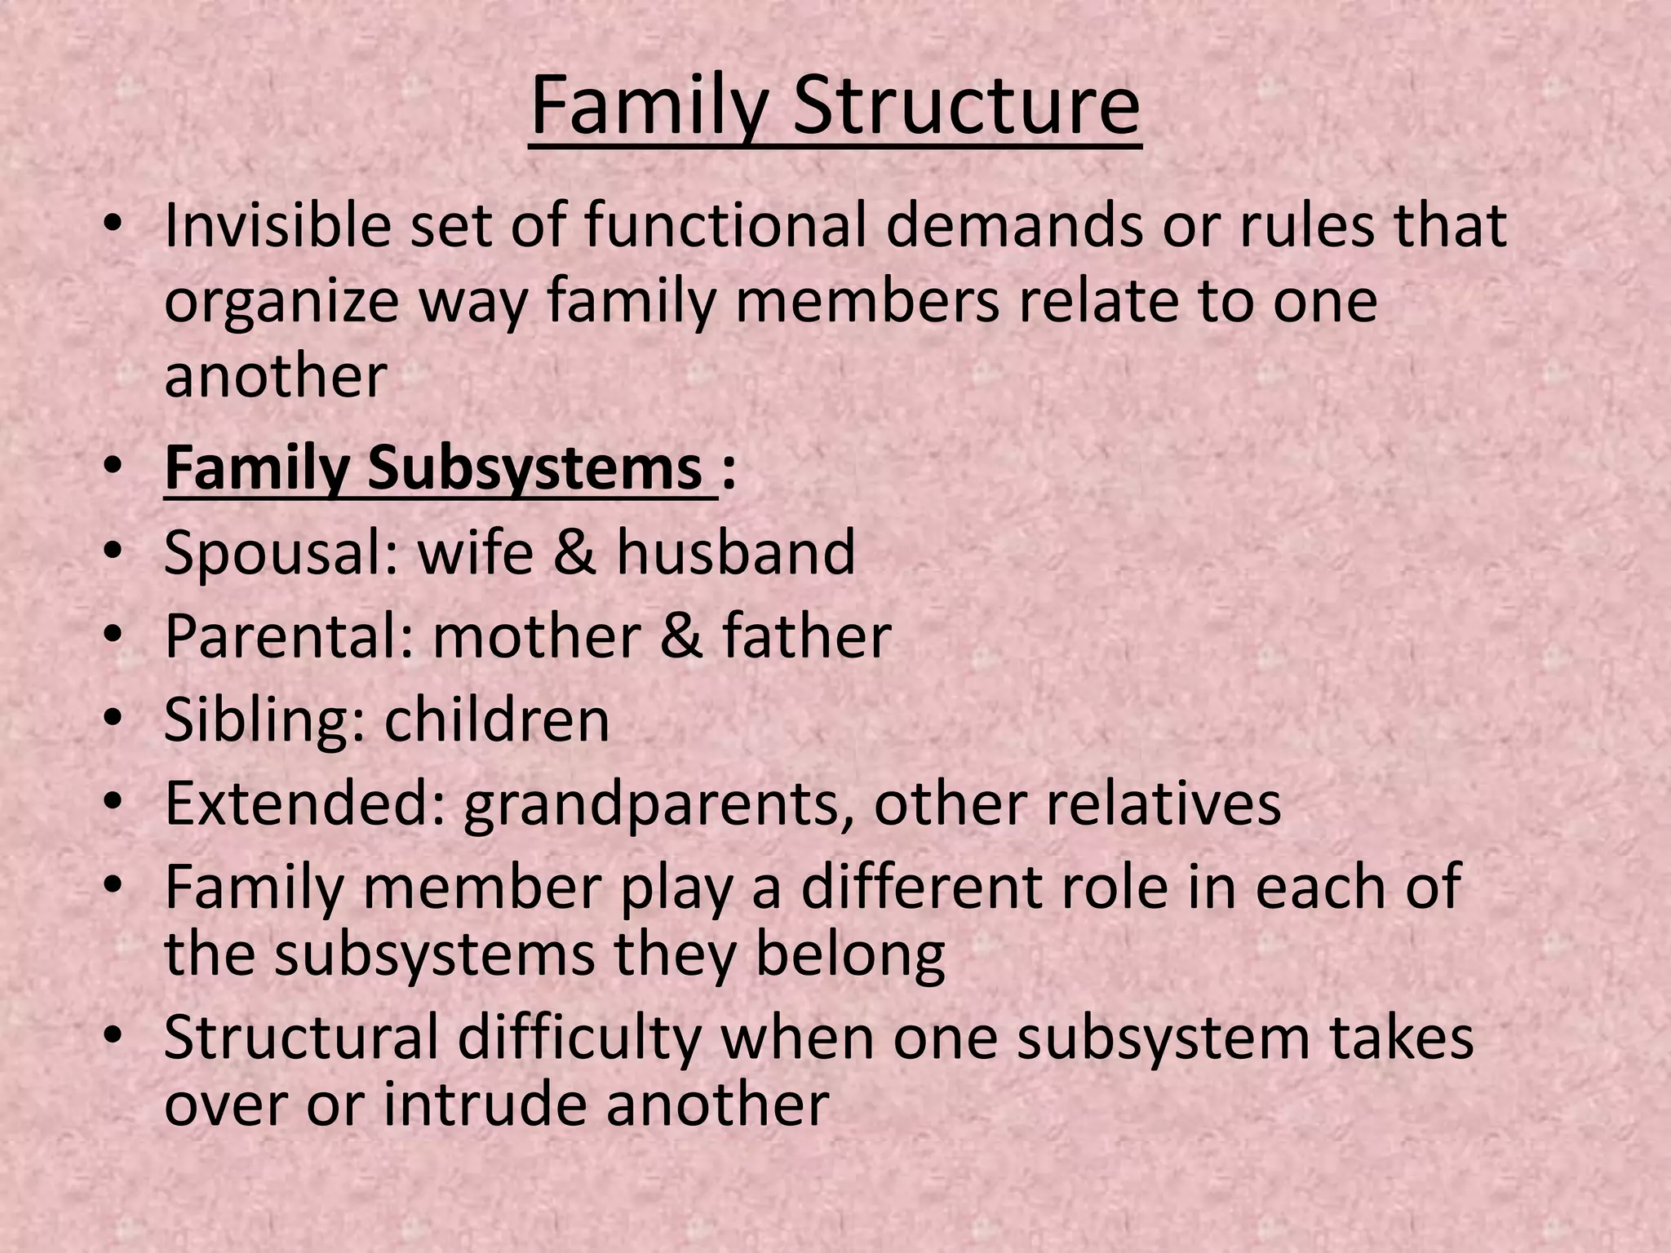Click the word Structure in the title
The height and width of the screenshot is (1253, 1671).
(x=966, y=107)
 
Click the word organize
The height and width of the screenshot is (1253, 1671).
(x=281, y=302)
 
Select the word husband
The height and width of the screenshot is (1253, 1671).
(x=736, y=552)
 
